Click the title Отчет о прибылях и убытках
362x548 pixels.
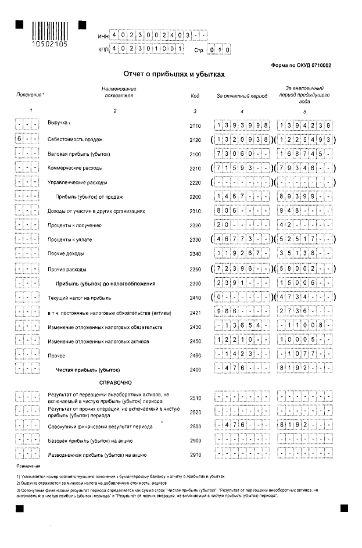tap(174, 75)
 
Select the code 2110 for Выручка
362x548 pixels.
tap(195, 126)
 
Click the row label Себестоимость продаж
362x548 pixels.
tap(75, 140)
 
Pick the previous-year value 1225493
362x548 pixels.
tap(305, 140)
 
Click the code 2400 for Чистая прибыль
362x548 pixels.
tap(195, 370)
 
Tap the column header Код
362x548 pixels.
tap(195, 95)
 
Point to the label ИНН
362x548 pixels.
tap(103, 37)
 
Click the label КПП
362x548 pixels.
tap(104, 51)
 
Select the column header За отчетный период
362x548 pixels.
tap(242, 95)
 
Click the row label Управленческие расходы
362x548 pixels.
tap(76, 182)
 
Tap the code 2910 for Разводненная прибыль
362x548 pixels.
tap(195, 454)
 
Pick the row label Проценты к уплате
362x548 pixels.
tap(70, 239)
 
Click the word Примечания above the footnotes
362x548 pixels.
tap(28, 467)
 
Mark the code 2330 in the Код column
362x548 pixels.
tap(195, 239)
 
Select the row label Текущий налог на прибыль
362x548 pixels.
tap(80, 297)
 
